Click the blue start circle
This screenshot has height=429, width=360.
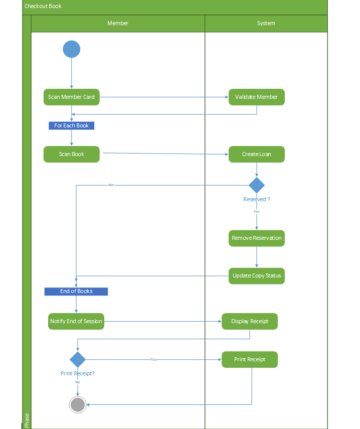72,49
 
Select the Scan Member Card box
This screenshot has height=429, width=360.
72,97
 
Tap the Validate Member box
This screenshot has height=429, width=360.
256,97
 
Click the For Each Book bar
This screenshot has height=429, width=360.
71,125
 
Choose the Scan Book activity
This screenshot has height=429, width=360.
72,154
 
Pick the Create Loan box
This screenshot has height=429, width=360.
256,154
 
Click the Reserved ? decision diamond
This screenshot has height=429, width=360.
256,185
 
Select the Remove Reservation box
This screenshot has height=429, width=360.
256,238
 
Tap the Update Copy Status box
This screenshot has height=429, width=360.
256,275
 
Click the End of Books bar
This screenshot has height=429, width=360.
76,291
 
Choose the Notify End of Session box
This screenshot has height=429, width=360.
76,321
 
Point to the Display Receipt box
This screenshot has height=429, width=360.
250,321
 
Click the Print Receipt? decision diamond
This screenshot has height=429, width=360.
77,359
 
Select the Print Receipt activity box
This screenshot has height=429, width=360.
250,359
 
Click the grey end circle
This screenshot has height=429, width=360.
77,404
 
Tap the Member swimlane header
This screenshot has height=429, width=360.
118,23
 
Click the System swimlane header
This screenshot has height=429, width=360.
266,23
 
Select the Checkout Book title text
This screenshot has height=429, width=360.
43,6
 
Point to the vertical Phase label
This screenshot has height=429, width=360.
27,420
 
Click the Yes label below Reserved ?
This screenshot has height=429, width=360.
256,211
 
